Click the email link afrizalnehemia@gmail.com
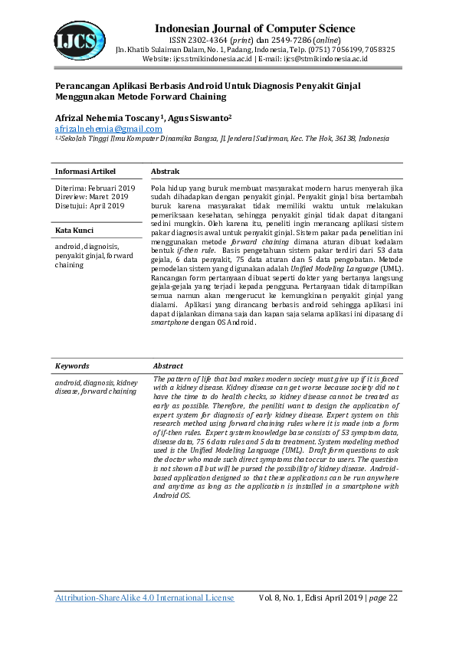(x=108, y=129)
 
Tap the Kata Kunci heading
(x=74, y=230)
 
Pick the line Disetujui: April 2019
(x=90, y=205)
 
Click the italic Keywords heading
(x=72, y=366)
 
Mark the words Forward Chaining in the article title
(x=185, y=97)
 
